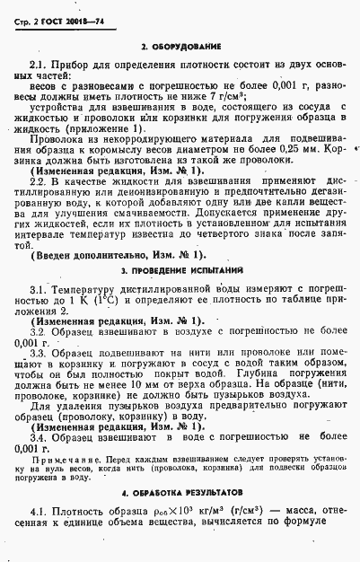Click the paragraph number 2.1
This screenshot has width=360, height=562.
pos(39,66)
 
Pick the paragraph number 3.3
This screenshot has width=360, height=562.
pos(39,355)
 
